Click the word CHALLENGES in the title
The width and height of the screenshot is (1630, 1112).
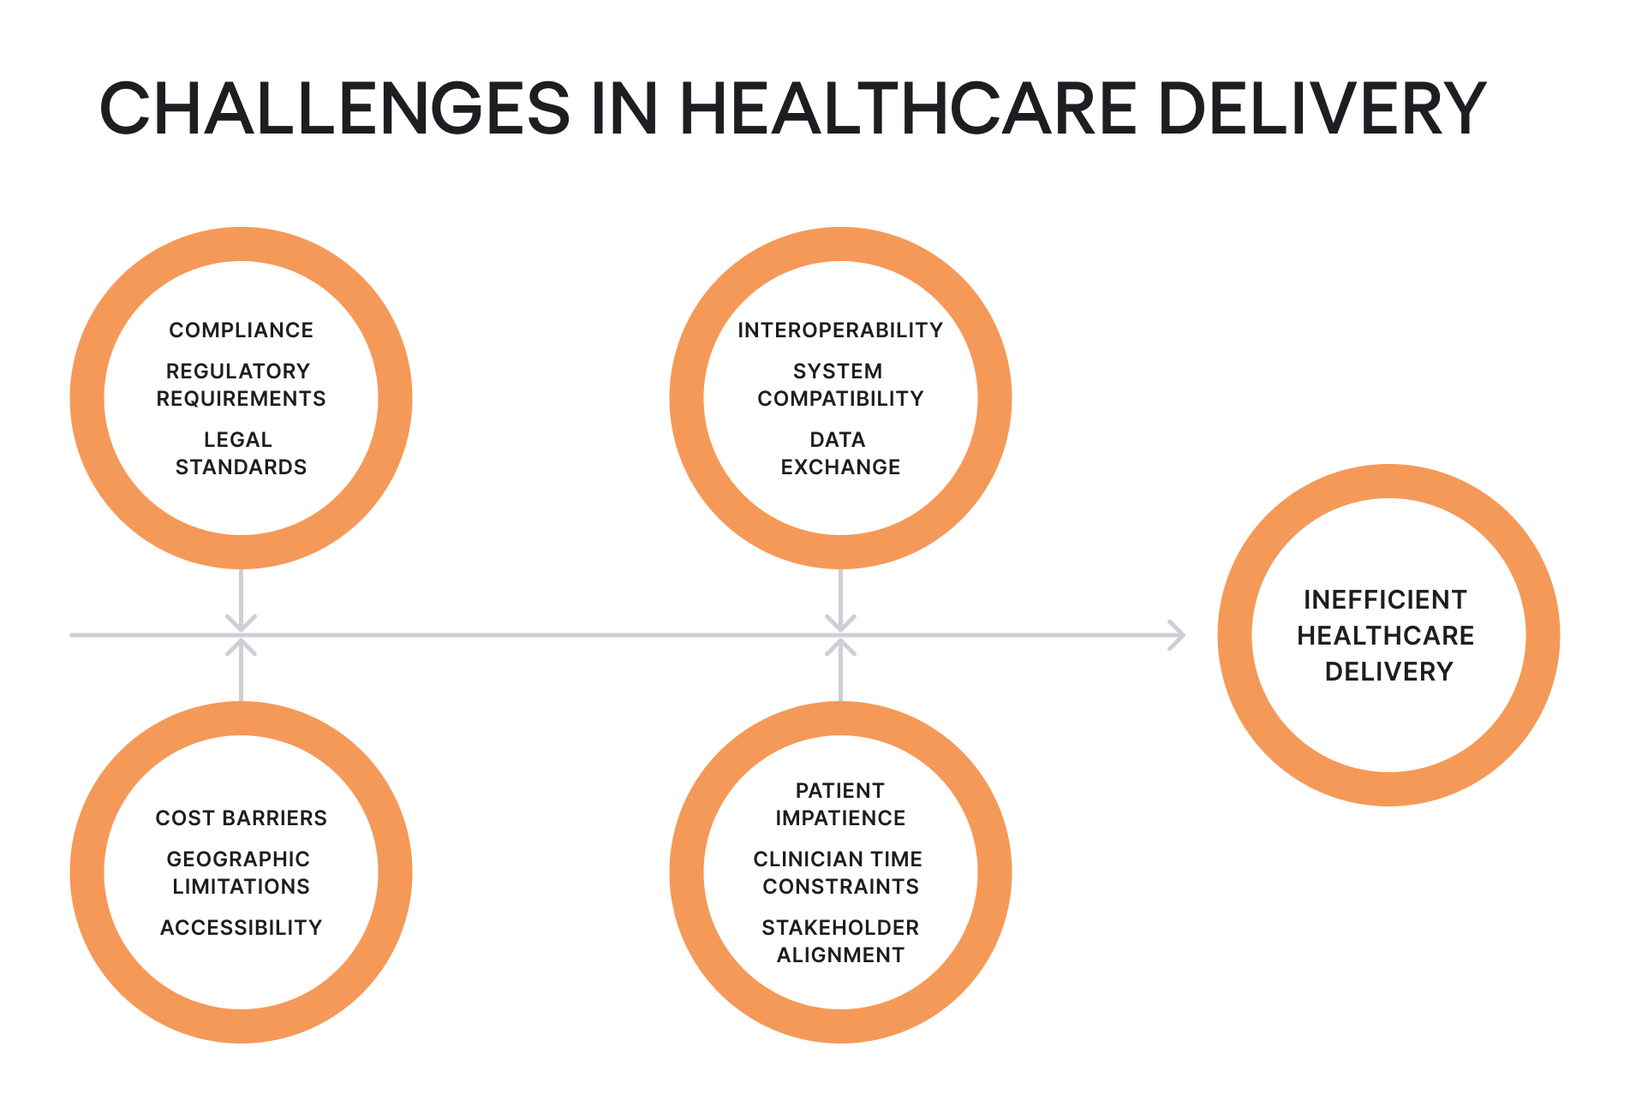point(334,109)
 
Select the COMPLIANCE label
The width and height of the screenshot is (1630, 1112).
point(241,330)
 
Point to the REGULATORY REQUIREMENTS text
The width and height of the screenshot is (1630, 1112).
point(241,385)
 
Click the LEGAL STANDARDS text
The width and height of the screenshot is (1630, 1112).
point(241,454)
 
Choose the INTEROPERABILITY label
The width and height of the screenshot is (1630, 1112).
point(840,330)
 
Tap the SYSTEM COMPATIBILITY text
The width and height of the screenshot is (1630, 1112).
point(840,385)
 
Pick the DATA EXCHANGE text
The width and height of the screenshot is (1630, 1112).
point(840,454)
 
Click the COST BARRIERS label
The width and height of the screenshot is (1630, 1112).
point(241,818)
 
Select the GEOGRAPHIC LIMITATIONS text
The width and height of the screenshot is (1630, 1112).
point(241,873)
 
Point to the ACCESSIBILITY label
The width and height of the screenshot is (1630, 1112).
point(241,928)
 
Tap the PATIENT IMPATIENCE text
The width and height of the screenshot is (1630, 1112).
point(840,805)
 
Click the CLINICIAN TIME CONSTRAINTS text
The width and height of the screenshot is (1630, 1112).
point(840,873)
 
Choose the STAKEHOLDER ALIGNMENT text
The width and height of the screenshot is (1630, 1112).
point(840,942)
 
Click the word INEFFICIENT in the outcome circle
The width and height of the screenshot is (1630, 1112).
point(1385,600)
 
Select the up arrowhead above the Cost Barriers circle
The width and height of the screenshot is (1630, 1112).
point(242,647)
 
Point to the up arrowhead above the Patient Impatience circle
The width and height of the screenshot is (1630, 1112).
point(841,647)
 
